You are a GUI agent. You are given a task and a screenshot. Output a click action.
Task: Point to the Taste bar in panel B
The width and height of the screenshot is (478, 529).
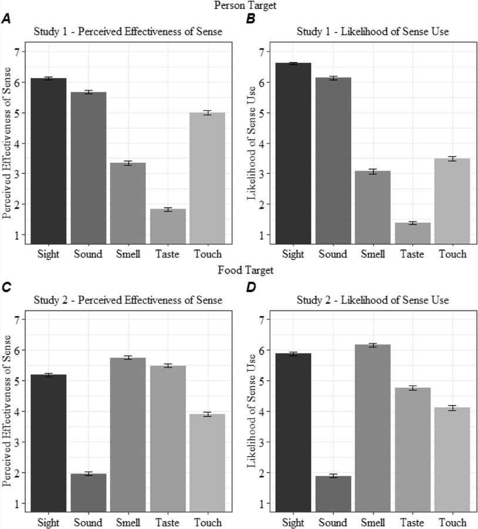click(x=413, y=233)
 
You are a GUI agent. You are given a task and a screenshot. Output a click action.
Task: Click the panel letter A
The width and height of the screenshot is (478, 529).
click(x=6, y=19)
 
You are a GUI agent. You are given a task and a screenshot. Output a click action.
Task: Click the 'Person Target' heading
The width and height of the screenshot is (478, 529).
click(x=240, y=5)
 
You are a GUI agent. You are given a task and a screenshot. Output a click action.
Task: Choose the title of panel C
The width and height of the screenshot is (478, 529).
click(x=127, y=300)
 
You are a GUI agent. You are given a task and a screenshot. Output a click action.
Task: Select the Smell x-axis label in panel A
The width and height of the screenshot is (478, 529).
click(x=128, y=255)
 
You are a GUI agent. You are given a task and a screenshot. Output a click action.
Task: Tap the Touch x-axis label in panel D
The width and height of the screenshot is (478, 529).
click(x=453, y=523)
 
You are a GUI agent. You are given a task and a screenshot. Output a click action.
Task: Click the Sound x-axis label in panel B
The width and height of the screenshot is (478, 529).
click(x=334, y=255)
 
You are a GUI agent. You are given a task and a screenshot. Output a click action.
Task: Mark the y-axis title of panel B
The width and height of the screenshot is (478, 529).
click(x=251, y=144)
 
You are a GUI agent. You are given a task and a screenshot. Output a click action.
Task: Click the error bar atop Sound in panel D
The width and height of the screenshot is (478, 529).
click(x=334, y=476)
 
